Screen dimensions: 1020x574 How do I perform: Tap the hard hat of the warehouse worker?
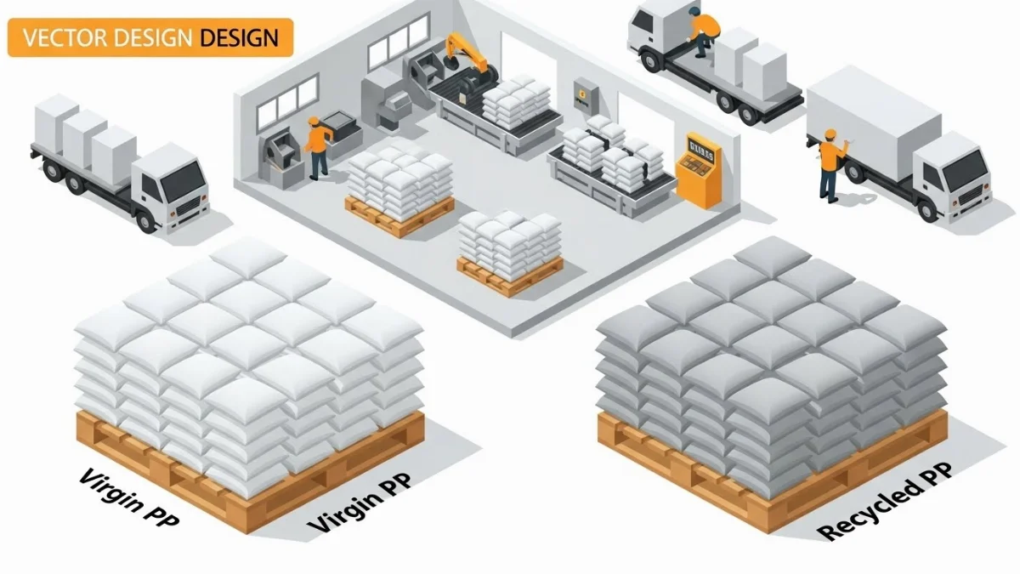(x=313, y=121)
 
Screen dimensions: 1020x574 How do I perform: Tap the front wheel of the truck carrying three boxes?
(x=146, y=219)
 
